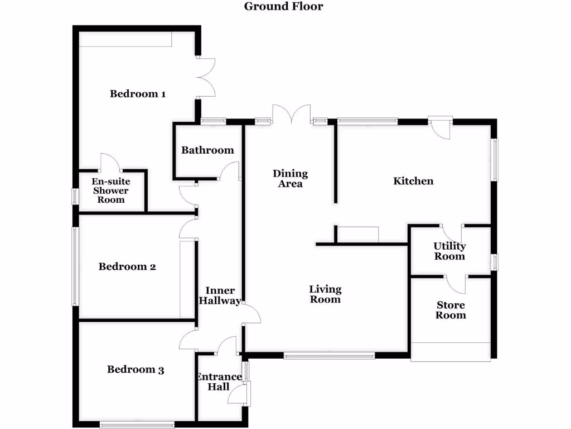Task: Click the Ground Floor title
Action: pyautogui.click(x=283, y=7)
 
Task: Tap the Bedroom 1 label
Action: pyautogui.click(x=137, y=94)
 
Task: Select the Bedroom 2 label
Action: pyautogui.click(x=127, y=267)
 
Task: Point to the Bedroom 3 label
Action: pyautogui.click(x=136, y=370)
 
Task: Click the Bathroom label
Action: pyautogui.click(x=207, y=150)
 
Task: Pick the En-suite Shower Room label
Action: pyautogui.click(x=111, y=190)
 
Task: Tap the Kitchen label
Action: pyautogui.click(x=413, y=181)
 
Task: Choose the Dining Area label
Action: pyautogui.click(x=290, y=179)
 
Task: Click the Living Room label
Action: pyautogui.click(x=325, y=294)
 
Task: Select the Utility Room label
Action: pyautogui.click(x=449, y=251)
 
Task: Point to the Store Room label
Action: pyautogui.click(x=451, y=311)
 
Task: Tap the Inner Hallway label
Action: pyautogui.click(x=220, y=295)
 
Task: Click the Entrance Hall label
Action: pyautogui.click(x=218, y=382)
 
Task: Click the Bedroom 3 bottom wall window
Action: pyautogui.click(x=137, y=424)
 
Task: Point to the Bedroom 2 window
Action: pyautogui.click(x=74, y=266)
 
